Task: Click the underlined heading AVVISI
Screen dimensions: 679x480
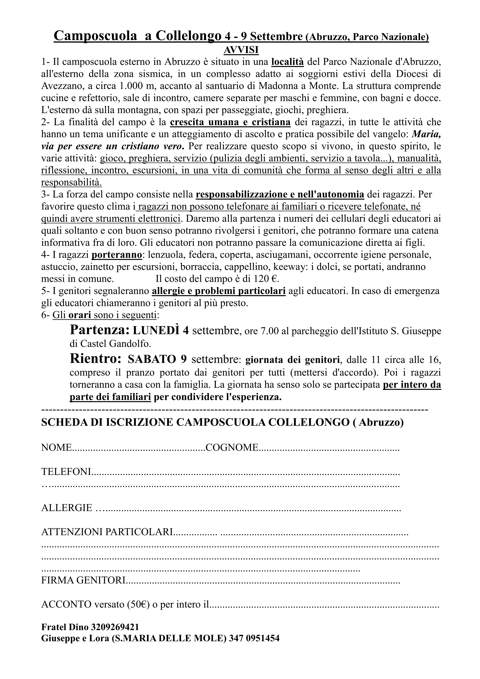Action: click(241, 50)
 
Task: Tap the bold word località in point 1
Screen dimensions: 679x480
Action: click(288, 62)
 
